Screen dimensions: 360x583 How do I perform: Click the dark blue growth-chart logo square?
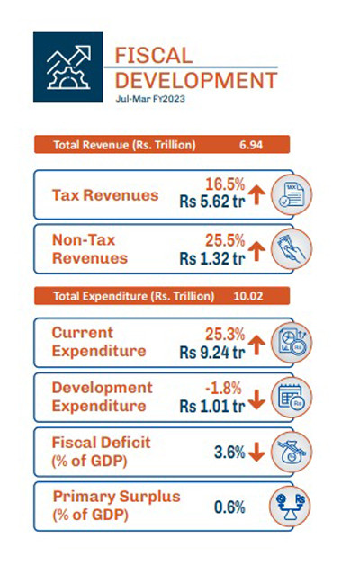(x=68, y=67)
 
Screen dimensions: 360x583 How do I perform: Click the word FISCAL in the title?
(x=154, y=56)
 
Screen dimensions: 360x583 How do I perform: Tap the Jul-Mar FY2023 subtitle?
(x=150, y=99)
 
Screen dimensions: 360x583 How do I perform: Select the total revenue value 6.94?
(x=251, y=144)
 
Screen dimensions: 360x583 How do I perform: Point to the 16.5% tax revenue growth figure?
(x=225, y=184)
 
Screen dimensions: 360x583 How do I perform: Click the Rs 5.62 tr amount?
(x=212, y=202)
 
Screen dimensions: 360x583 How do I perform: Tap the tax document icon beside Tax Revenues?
(x=292, y=194)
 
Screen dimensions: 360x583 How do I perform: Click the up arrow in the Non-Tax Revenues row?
(x=256, y=251)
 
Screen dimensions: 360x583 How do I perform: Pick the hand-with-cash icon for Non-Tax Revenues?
(x=292, y=248)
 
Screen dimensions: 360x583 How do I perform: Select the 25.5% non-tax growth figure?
(x=225, y=240)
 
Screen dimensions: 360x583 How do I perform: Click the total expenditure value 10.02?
(x=248, y=296)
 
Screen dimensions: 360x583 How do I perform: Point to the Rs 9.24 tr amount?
(x=212, y=352)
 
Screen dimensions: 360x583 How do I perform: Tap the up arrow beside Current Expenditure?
(x=256, y=345)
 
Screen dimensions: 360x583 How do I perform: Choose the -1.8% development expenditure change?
(x=223, y=389)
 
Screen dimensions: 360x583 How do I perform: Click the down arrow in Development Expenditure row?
(x=256, y=399)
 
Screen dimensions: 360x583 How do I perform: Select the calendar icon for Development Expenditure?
(x=292, y=397)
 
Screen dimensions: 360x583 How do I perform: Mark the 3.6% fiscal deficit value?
(x=229, y=453)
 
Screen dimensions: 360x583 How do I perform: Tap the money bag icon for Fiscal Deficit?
(x=292, y=452)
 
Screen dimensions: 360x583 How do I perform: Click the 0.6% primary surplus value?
(x=229, y=507)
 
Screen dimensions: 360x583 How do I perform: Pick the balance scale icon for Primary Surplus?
(x=290, y=507)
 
